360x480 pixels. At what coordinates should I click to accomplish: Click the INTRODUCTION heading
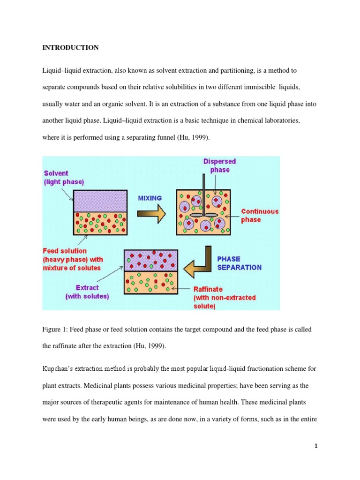pos(70,48)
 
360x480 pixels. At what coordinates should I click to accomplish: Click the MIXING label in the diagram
pos(150,198)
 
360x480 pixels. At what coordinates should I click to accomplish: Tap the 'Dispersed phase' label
pos(219,165)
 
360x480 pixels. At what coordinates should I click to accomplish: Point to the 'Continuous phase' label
pos(259,215)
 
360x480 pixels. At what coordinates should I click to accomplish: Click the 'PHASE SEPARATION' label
pos(239,262)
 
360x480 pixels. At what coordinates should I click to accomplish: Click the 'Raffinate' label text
pos(209,290)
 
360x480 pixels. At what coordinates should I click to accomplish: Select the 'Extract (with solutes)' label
pos(86,291)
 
